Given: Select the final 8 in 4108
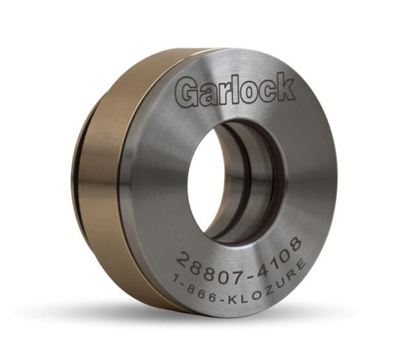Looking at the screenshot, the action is (294, 243).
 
